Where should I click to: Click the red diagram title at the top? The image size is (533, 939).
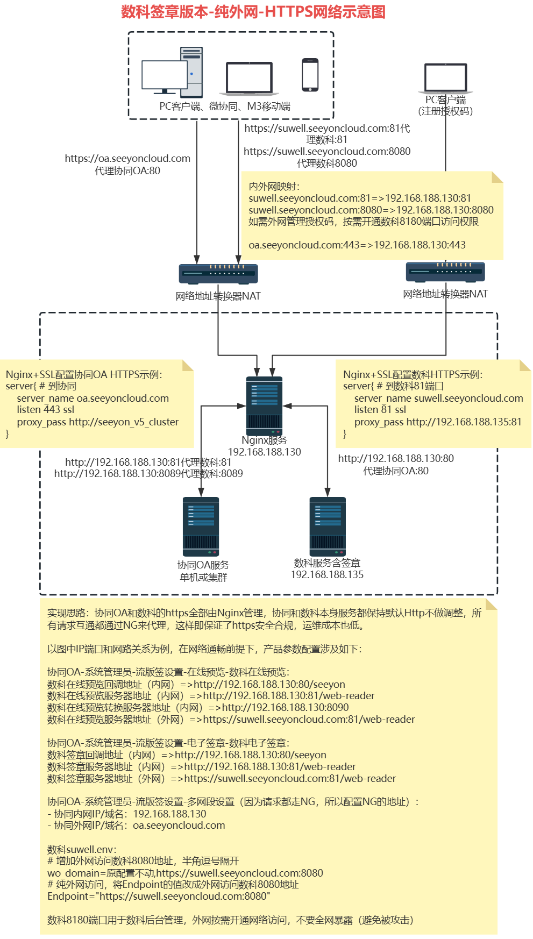[253, 12]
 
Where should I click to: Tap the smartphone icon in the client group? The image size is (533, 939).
[310, 75]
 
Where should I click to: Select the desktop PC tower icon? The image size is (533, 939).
[191, 72]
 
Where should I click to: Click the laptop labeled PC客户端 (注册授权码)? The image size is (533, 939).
[445, 78]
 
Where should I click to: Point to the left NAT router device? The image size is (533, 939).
[218, 274]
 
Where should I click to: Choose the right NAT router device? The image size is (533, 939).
[445, 272]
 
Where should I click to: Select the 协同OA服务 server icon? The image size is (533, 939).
[201, 527]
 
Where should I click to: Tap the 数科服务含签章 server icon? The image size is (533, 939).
[328, 527]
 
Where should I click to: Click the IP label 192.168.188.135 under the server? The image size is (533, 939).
[327, 575]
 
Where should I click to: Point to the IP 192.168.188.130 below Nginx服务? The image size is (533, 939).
[265, 452]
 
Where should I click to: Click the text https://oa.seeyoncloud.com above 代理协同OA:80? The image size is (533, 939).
[127, 159]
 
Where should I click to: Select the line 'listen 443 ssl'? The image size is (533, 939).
[46, 410]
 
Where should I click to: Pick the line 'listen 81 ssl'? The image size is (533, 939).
[380, 410]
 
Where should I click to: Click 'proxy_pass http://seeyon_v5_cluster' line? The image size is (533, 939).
[97, 422]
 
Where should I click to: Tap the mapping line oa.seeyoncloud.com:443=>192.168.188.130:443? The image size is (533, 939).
[357, 245]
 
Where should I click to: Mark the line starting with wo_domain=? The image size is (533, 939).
[185, 873]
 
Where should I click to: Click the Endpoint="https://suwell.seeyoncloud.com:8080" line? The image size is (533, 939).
[159, 897]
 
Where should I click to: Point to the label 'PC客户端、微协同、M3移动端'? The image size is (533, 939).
[225, 106]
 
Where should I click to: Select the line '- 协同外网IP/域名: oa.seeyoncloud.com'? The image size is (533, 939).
[136, 826]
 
